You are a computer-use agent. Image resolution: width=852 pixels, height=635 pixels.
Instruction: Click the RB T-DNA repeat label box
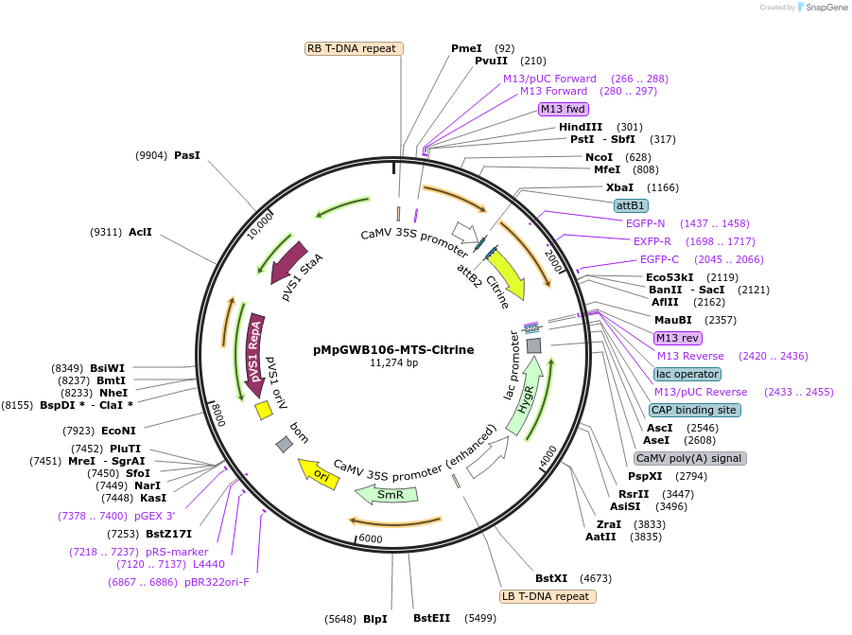(355, 48)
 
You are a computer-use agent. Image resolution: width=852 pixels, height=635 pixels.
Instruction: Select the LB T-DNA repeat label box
(548, 596)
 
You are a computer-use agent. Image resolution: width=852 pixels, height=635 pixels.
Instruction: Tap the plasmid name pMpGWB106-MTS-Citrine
(393, 349)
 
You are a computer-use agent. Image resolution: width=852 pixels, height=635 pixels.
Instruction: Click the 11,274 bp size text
(393, 362)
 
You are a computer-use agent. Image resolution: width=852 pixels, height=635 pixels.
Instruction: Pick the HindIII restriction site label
(580, 127)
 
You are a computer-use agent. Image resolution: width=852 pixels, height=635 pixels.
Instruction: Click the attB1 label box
(631, 205)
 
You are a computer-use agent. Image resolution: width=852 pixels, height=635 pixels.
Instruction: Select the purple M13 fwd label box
(564, 109)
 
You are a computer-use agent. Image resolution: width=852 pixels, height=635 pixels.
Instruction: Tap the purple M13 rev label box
(678, 338)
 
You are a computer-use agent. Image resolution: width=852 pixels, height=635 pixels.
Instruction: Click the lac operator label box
(687, 374)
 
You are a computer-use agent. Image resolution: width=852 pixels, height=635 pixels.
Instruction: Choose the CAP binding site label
(695, 410)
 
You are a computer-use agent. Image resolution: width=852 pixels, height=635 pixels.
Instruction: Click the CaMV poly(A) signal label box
(690, 458)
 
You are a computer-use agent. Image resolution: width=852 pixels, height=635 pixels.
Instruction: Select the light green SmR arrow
(386, 493)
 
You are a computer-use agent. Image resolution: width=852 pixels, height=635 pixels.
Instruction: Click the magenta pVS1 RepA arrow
(254, 350)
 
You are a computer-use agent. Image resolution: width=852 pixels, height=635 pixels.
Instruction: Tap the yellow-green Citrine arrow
(502, 275)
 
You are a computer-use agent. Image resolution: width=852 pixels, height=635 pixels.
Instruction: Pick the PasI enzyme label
(186, 155)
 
